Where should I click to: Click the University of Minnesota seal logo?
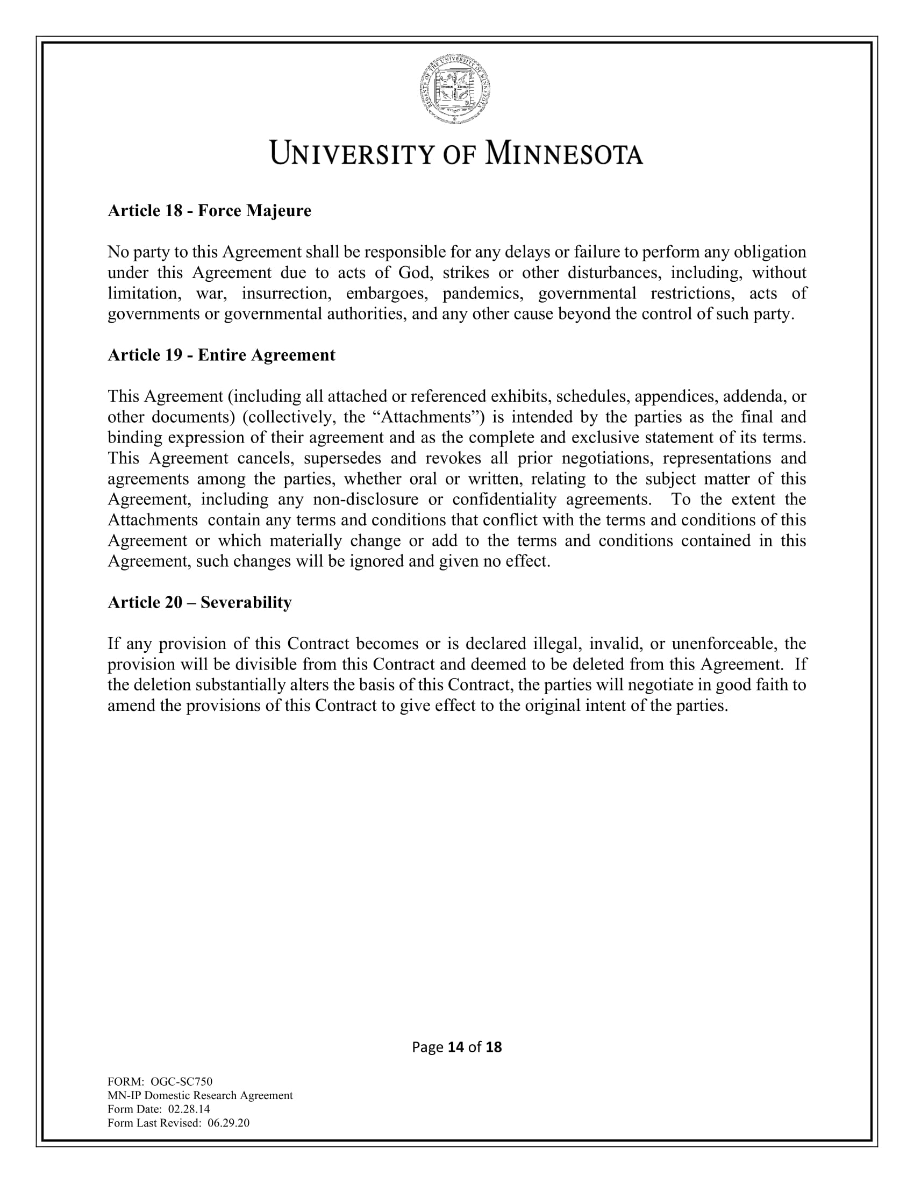(x=456, y=89)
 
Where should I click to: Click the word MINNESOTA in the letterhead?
(x=563, y=153)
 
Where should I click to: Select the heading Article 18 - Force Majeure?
(x=210, y=211)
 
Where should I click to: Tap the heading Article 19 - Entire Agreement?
(x=222, y=355)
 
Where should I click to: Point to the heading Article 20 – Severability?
(x=200, y=602)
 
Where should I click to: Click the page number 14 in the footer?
(x=456, y=1047)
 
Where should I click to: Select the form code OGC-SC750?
(x=181, y=1082)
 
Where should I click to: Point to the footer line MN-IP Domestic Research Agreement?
(x=201, y=1095)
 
